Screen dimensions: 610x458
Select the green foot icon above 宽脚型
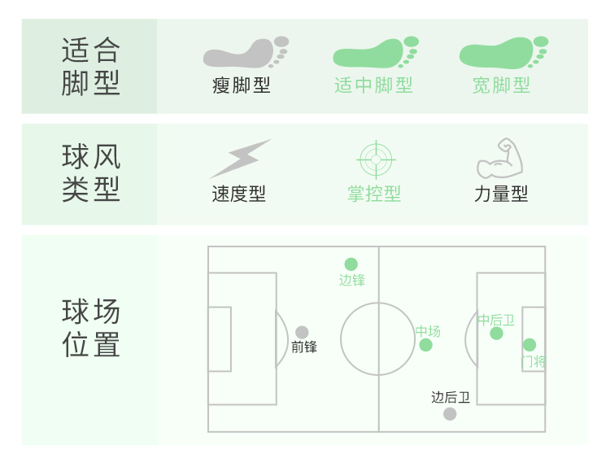click(x=503, y=54)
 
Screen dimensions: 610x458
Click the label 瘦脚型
click(x=242, y=85)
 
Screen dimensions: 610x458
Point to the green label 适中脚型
click(x=373, y=85)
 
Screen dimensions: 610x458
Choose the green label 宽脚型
click(x=501, y=85)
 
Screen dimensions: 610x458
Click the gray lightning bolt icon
click(x=239, y=159)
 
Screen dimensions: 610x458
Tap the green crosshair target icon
click(x=375, y=159)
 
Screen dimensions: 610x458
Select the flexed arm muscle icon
click(x=499, y=159)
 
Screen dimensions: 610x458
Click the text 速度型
click(x=239, y=194)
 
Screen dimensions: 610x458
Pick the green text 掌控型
click(x=374, y=194)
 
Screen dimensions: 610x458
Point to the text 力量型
click(x=501, y=194)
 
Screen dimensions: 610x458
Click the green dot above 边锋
click(x=351, y=264)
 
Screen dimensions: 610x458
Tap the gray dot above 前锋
click(x=302, y=332)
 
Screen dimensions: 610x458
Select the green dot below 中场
click(x=426, y=345)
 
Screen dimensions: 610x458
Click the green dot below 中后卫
click(x=496, y=334)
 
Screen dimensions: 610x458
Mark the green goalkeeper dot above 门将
click(x=529, y=345)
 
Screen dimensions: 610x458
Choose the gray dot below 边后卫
click(x=450, y=414)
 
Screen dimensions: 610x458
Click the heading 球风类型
click(x=90, y=172)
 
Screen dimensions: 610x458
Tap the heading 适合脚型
click(x=90, y=67)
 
